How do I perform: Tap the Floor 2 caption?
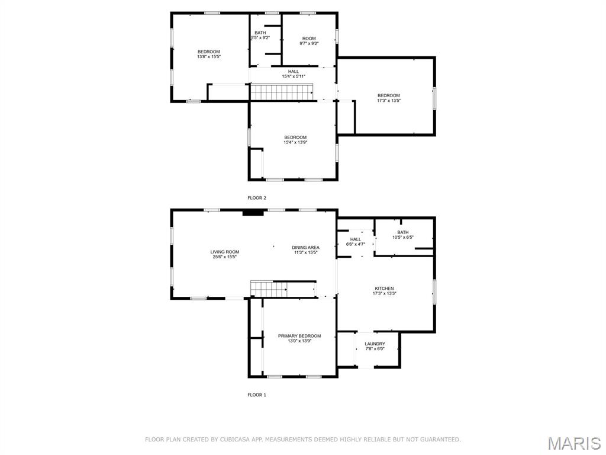pyautogui.click(x=257, y=198)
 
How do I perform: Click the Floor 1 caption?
pyautogui.click(x=257, y=395)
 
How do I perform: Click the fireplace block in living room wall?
pyautogui.click(x=253, y=213)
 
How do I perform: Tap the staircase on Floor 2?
pyautogui.click(x=281, y=93)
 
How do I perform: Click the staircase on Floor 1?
pyautogui.click(x=269, y=289)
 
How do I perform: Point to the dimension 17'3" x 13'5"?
pyautogui.click(x=389, y=101)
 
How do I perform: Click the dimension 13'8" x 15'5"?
pyautogui.click(x=209, y=56)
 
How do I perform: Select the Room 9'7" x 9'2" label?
pyautogui.click(x=309, y=41)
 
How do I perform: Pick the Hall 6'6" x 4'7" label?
pyautogui.click(x=356, y=242)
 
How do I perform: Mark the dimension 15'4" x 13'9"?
pyautogui.click(x=295, y=142)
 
